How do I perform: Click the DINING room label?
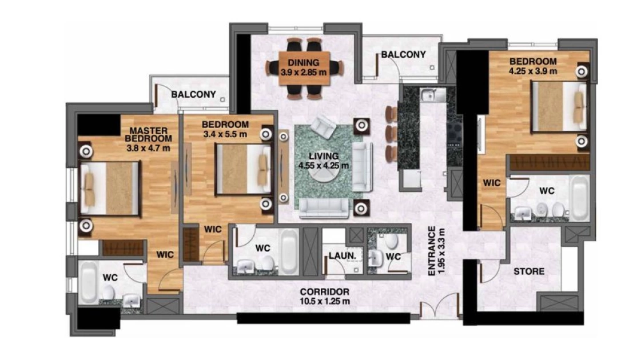(303, 62)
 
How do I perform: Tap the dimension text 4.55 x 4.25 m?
(323, 165)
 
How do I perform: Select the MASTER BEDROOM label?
(148, 134)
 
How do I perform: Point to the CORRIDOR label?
(324, 292)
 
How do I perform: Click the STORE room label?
(529, 271)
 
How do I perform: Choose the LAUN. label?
(342, 255)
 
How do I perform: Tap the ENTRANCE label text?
(432, 251)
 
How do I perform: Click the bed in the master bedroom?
(110, 188)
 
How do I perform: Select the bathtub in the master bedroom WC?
(89, 283)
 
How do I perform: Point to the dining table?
(304, 68)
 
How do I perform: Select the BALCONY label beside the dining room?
(403, 54)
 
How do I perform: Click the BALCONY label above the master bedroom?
(193, 95)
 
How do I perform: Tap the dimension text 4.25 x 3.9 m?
(533, 71)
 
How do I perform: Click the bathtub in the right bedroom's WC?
(579, 198)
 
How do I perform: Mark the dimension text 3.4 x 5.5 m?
(225, 134)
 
